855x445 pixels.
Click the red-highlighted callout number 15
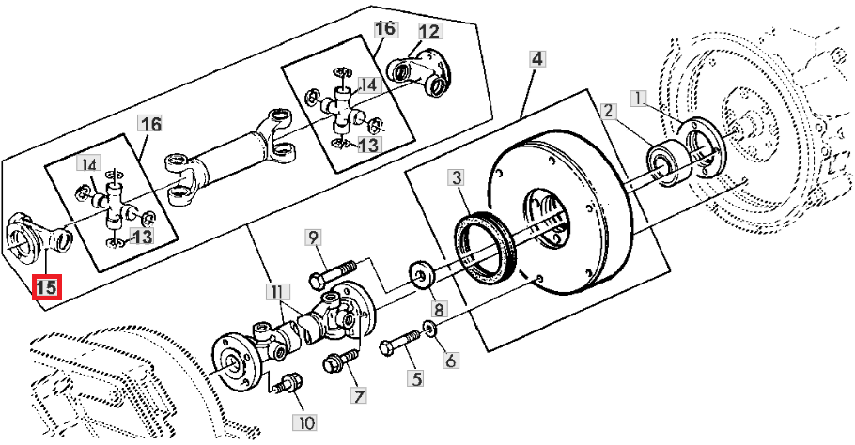tap(46, 287)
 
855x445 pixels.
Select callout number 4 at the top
tap(537, 59)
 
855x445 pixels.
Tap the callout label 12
tap(429, 32)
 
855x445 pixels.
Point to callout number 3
tap(457, 178)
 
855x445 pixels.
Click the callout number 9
tap(313, 238)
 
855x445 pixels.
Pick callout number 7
tap(358, 396)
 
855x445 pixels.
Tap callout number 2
tap(609, 112)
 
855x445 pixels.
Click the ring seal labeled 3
tap(483, 239)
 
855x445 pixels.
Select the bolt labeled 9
tap(333, 274)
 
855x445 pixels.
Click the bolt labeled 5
tap(400, 342)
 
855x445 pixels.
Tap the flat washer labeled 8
tap(421, 273)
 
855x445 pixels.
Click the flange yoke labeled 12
tap(419, 72)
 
